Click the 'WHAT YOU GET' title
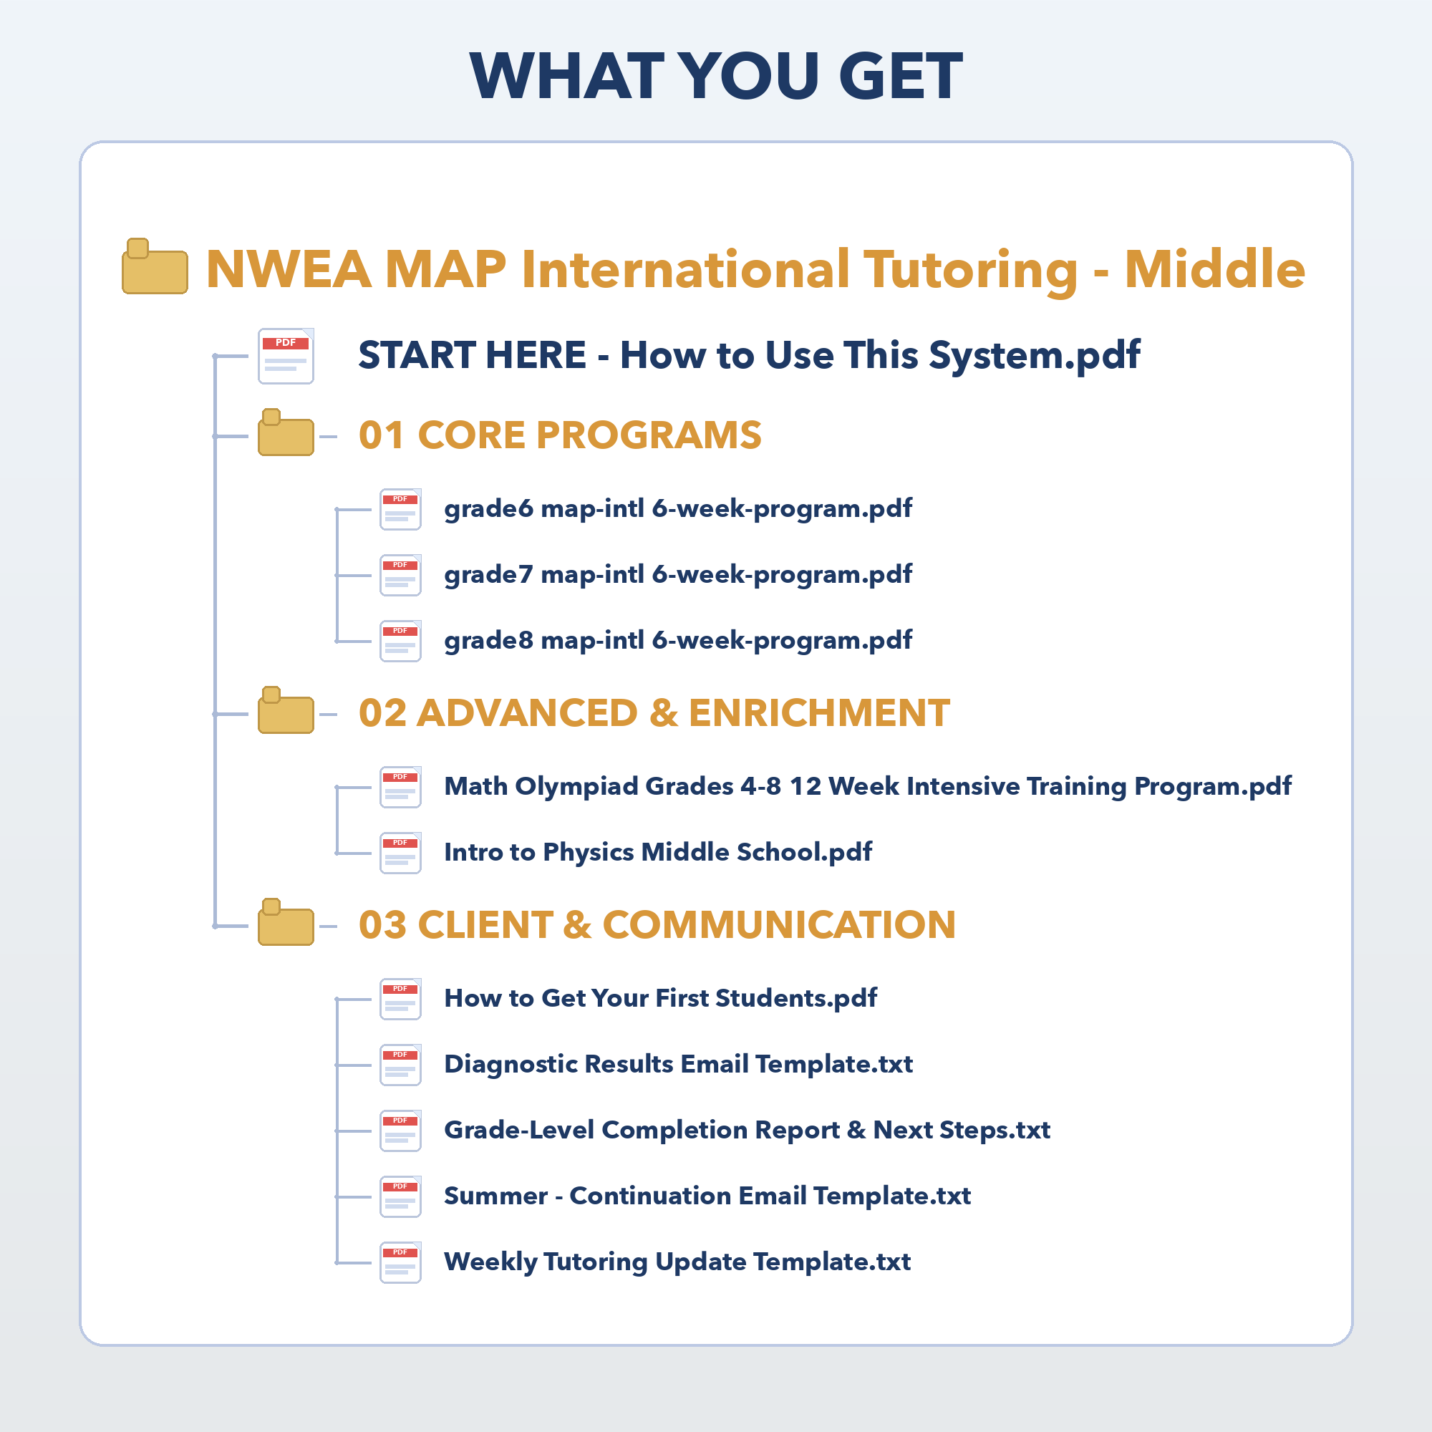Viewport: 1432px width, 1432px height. pos(716,76)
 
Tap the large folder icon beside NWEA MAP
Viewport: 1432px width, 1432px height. pos(154,266)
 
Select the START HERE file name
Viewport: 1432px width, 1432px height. pos(749,355)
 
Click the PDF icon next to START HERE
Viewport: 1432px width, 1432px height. pos(286,356)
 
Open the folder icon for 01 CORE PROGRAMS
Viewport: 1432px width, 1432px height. pos(286,432)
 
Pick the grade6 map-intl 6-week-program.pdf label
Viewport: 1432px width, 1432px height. pos(678,509)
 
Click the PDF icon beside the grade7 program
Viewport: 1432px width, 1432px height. pos(401,575)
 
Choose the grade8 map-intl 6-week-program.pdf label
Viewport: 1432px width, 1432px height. pos(678,641)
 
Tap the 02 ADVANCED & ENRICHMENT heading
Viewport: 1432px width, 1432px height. pos(654,713)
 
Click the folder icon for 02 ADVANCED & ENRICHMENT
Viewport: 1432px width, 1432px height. pos(286,710)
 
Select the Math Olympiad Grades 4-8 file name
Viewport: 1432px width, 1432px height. pos(868,786)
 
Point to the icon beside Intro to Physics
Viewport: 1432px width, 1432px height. pos(401,853)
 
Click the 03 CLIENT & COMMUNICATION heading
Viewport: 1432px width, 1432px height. pos(657,925)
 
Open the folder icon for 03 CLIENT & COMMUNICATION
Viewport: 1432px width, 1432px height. pos(286,922)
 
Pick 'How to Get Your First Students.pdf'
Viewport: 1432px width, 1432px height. pos(660,999)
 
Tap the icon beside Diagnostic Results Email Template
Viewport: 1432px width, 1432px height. pos(401,1065)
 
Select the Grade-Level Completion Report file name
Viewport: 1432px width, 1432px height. pos(747,1131)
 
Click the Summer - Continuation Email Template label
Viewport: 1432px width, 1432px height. pos(707,1196)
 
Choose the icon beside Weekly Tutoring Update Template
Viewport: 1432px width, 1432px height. pos(401,1263)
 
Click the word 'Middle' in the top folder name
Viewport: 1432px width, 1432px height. pos(1215,268)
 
